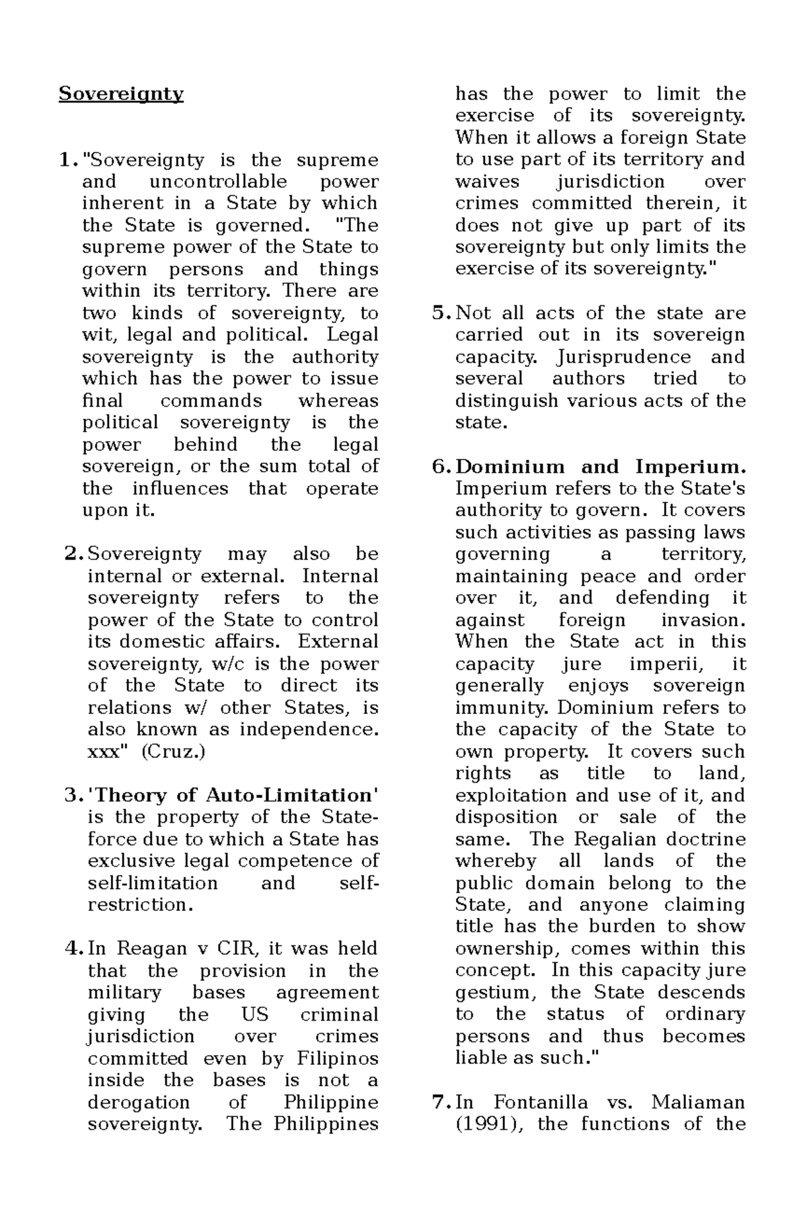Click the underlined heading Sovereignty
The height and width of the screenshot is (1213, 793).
[121, 94]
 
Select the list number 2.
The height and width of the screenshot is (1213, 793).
[72, 554]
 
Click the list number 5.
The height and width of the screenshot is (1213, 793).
[440, 313]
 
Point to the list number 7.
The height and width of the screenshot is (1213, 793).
[440, 1103]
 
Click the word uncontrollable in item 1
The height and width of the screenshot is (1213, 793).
[218, 182]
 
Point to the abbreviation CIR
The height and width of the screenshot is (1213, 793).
[231, 949]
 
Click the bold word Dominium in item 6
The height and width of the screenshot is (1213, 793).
[510, 467]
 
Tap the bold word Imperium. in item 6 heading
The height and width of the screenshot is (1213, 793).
[690, 467]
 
